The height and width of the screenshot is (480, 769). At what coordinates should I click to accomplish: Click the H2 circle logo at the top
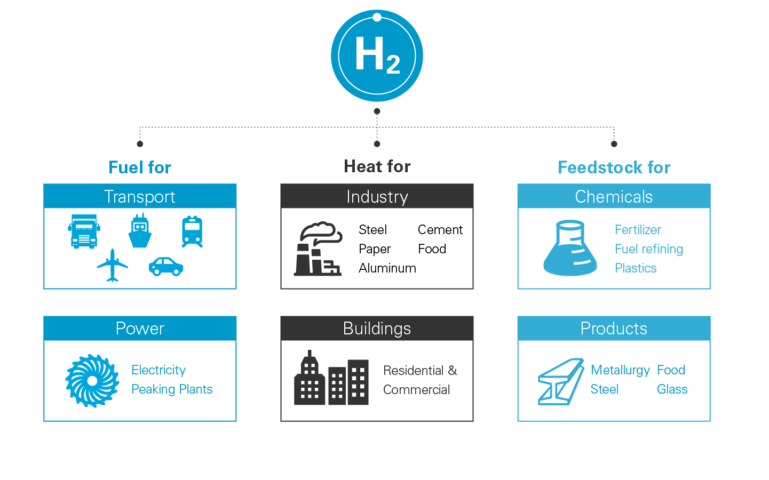pos(377,55)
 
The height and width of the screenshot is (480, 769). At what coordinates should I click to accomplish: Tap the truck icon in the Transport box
pos(84,231)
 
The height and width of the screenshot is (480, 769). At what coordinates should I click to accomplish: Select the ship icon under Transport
pos(140,231)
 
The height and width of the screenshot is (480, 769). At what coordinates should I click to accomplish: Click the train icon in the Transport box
pos(192,231)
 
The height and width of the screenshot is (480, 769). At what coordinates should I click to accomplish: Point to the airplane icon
pos(113,265)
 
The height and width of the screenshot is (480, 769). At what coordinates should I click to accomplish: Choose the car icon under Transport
pos(166,266)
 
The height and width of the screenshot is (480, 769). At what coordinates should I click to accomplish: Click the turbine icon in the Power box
pos(92,380)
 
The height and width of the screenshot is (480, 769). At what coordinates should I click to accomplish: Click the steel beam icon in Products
pos(560,381)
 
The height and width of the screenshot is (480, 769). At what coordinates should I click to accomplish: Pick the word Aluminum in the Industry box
pos(387,268)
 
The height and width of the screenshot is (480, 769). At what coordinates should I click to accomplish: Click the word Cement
pos(440,230)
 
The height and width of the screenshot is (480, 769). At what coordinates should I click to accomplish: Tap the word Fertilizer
pos(638,230)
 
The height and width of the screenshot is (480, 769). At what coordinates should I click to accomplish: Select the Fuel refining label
pos(648,249)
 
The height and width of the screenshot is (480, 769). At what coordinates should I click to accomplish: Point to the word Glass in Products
pos(672,389)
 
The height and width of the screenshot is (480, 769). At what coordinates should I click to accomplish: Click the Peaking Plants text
pos(172,389)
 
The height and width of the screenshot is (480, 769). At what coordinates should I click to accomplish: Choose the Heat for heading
pos(377,166)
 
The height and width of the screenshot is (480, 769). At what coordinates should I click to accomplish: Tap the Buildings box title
pos(377,329)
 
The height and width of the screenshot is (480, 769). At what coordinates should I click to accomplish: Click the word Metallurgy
pos(620,370)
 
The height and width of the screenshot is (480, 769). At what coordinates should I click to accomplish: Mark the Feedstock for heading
pos(614,167)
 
